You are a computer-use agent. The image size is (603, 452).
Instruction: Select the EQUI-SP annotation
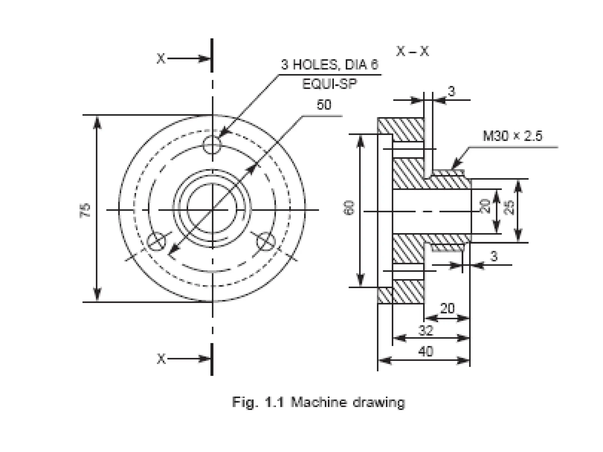329,84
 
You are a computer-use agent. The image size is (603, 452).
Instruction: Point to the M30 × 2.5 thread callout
512,136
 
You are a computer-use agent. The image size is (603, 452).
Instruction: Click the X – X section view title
413,51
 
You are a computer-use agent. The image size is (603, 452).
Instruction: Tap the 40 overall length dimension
425,351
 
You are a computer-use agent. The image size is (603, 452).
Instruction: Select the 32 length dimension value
426,330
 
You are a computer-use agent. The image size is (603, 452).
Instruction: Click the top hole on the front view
212,144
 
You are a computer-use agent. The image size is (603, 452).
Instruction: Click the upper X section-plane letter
161,59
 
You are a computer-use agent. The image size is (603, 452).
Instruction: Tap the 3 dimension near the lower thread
494,256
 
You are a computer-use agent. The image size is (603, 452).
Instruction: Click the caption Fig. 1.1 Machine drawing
318,402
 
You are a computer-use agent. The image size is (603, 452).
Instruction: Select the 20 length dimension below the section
447,308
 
